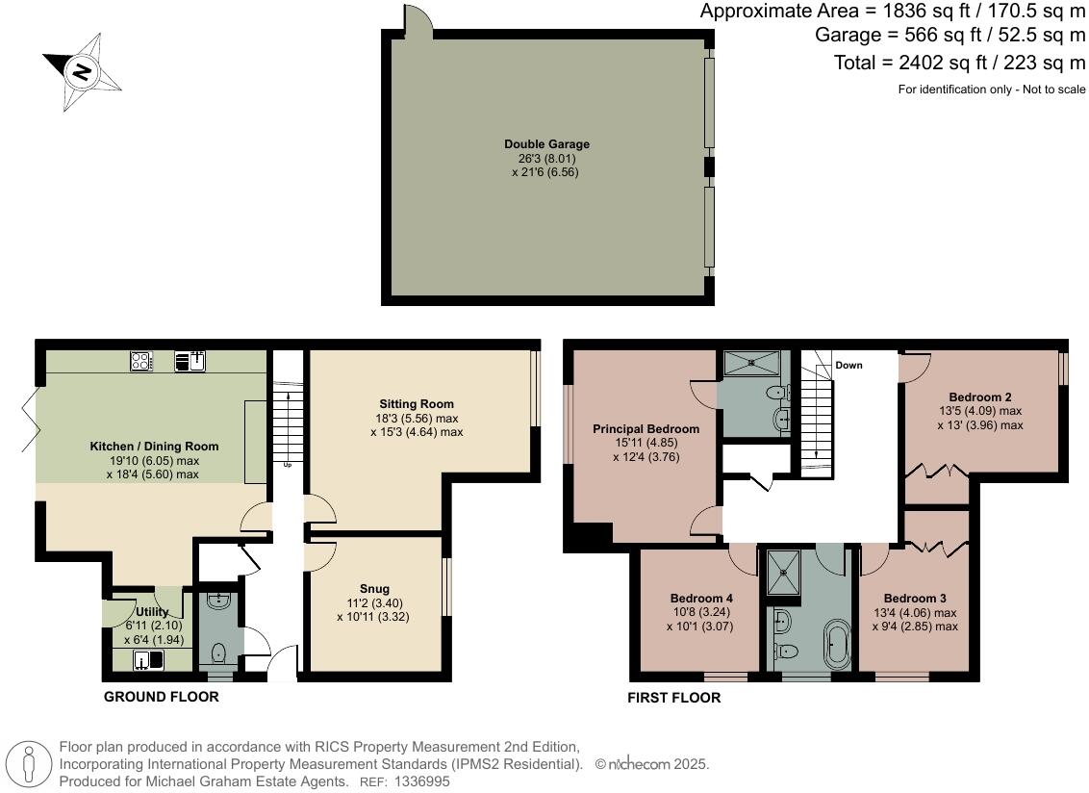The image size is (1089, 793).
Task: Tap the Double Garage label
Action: point(546,144)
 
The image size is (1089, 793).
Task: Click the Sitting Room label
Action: point(417,404)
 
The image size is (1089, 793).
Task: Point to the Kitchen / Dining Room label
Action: point(154,447)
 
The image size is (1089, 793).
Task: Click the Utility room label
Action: point(152,612)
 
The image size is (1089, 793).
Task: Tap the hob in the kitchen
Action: point(141,362)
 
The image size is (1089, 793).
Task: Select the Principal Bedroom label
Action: point(646,429)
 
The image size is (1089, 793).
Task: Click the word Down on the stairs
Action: point(848,366)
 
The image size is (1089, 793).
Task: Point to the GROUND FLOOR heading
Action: point(161,697)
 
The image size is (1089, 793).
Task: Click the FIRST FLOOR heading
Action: point(673,698)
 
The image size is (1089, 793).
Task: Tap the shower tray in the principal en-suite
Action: point(754,362)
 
